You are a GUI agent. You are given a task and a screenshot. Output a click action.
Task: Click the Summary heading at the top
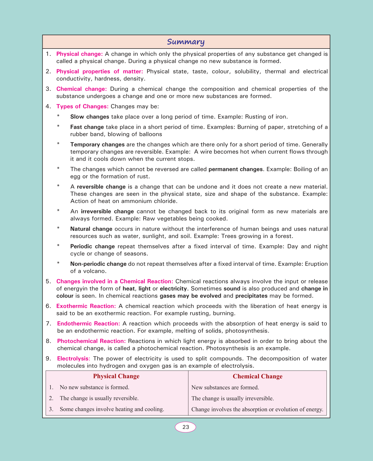coord(186,42)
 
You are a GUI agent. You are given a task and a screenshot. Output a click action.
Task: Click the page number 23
coord(186,427)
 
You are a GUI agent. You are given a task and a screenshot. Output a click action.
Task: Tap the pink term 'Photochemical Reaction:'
coord(91,341)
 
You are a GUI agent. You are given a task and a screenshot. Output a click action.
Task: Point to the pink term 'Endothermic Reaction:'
coord(88,324)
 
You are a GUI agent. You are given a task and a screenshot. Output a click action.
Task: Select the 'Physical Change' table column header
coord(116,376)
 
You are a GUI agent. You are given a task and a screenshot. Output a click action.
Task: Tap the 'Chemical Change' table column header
coord(257,376)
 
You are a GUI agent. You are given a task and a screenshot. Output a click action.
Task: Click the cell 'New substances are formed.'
coord(225,387)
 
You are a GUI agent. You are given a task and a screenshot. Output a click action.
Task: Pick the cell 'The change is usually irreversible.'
coord(233,398)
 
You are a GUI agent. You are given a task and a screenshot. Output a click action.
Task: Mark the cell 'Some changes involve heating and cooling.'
coord(112,409)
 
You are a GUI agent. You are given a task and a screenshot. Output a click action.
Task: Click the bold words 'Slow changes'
coord(90,117)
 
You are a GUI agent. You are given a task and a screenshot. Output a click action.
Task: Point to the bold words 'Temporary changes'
coord(97,145)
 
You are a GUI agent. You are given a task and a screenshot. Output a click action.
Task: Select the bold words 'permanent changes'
coord(235,169)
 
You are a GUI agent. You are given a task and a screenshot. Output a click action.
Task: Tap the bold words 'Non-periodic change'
coord(98,264)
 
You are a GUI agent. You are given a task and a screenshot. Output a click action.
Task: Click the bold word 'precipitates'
coord(251,296)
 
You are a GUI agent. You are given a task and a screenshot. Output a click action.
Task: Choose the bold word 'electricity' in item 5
coord(173,289)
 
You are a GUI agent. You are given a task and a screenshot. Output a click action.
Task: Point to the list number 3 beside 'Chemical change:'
coord(48,89)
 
